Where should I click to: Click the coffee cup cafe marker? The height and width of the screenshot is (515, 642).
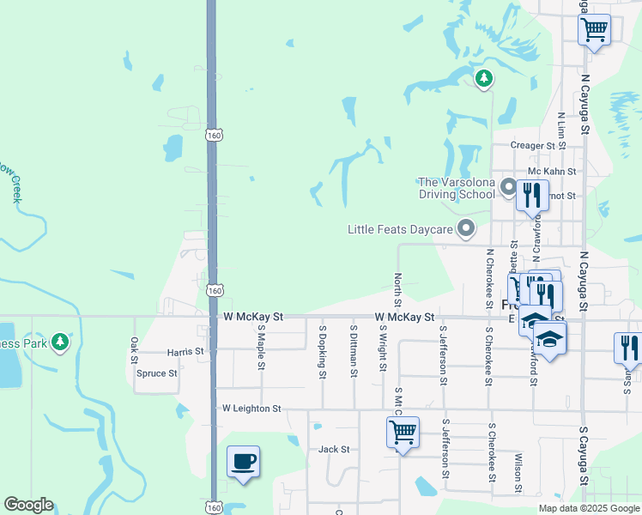[x=243, y=463]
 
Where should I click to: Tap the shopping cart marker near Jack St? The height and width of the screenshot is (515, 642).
[x=403, y=432]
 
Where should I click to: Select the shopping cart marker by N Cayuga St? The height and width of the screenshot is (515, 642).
[x=594, y=30]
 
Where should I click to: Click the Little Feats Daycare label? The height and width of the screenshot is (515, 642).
[x=399, y=229]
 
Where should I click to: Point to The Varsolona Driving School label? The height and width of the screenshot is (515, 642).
[x=457, y=188]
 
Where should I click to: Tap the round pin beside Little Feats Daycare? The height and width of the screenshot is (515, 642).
[x=466, y=228]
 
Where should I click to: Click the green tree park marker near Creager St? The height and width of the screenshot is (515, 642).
[x=484, y=79]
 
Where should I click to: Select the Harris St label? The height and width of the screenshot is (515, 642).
[x=185, y=352]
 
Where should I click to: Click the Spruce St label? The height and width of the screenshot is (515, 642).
[x=156, y=373]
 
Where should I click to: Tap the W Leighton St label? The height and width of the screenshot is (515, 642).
[x=251, y=409]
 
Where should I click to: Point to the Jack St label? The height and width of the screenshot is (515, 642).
[x=334, y=449]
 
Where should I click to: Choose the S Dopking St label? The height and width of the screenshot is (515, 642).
[x=323, y=351]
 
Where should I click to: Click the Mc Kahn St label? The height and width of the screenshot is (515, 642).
[x=551, y=172]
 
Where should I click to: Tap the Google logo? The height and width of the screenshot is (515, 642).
[x=27, y=506]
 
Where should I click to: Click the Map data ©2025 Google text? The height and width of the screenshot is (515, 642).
[x=589, y=508]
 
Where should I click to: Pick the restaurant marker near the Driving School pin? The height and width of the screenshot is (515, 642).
[x=532, y=196]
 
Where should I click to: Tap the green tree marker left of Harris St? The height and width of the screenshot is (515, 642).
[x=59, y=342]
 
